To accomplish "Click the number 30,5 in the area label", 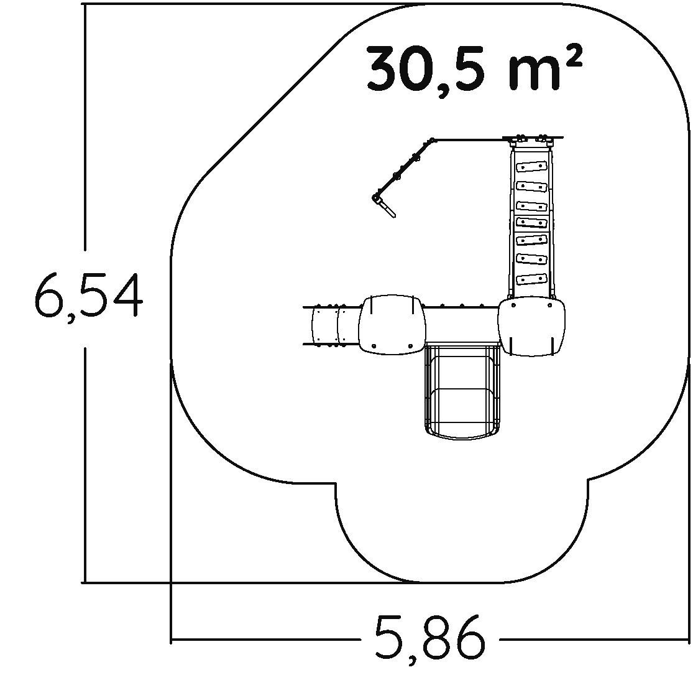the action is (425, 68).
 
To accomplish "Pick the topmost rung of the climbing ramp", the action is (531, 167).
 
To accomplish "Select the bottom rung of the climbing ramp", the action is (531, 279).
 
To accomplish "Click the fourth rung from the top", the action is (531, 222).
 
